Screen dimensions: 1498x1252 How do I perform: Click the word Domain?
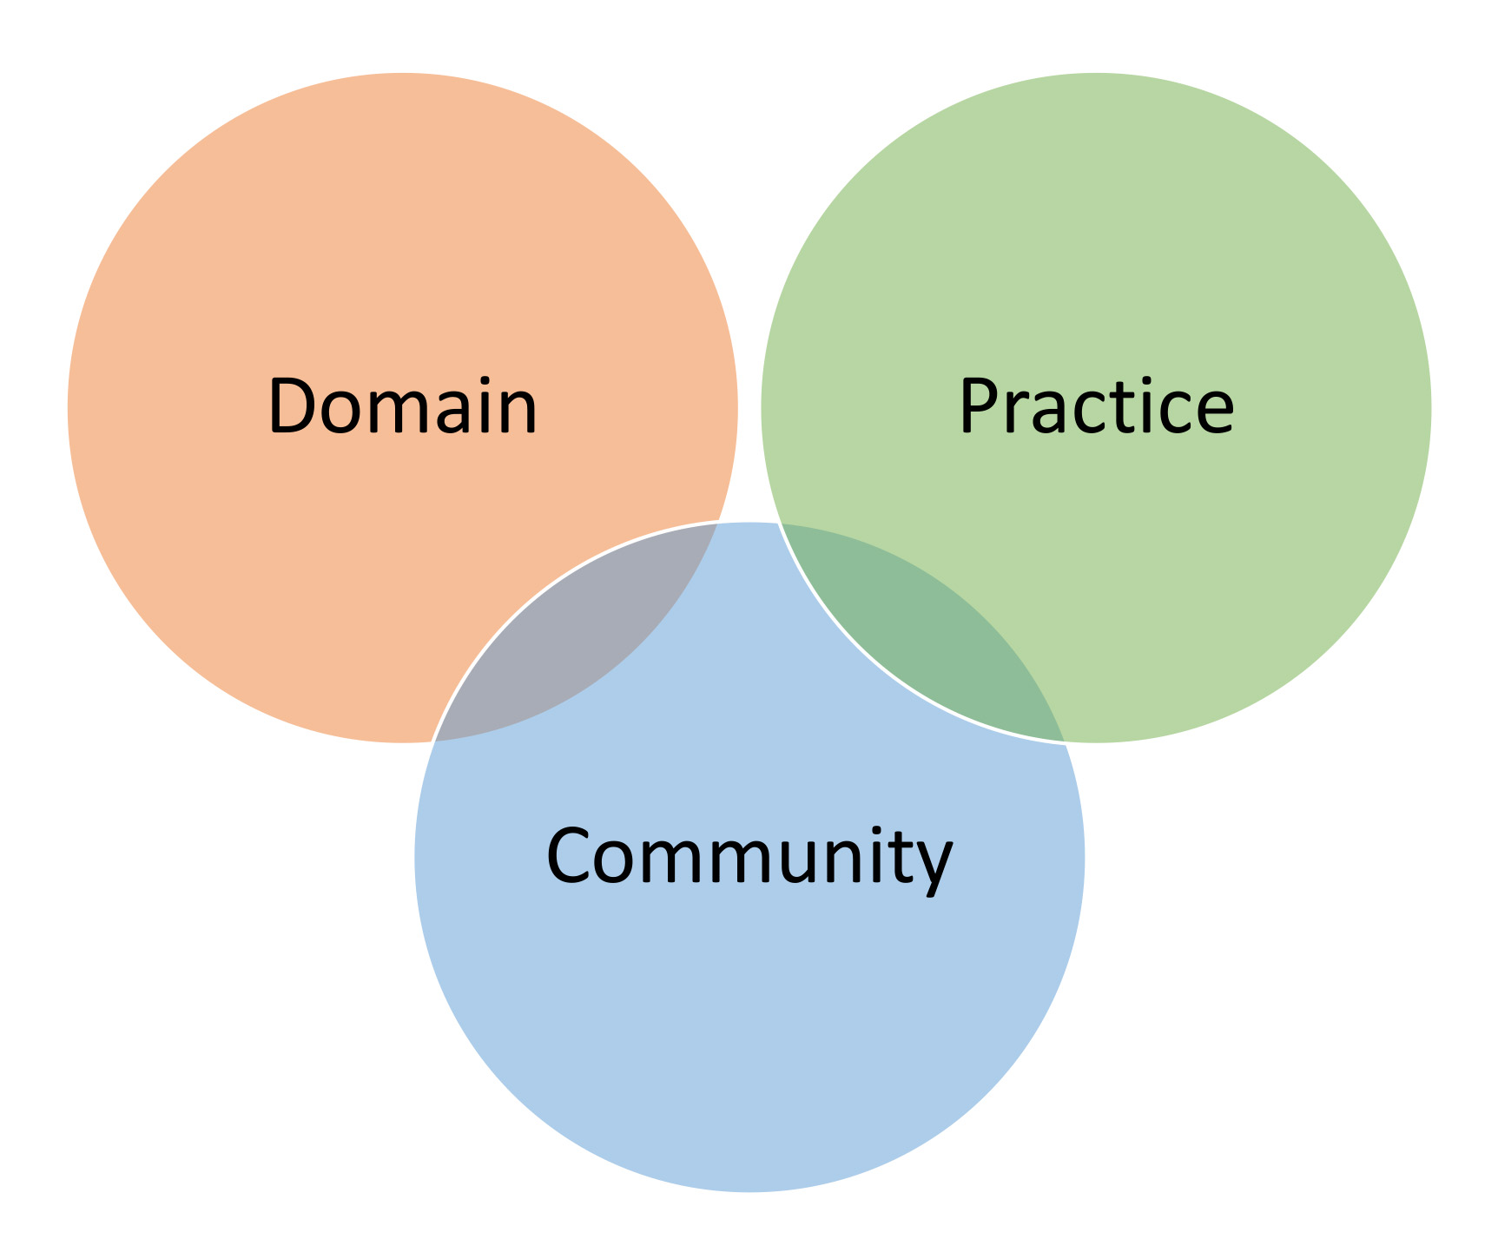click(x=403, y=405)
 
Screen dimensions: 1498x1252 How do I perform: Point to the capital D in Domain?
click(x=293, y=406)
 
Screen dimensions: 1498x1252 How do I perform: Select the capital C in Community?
click(x=569, y=855)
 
